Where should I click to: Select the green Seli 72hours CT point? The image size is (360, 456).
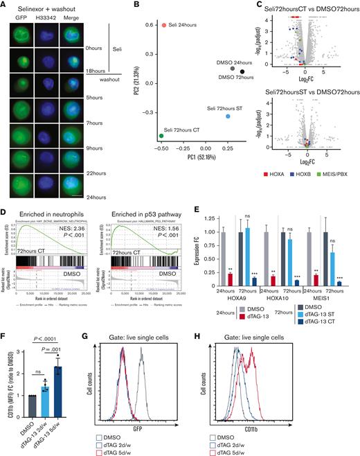(x=161, y=136)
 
